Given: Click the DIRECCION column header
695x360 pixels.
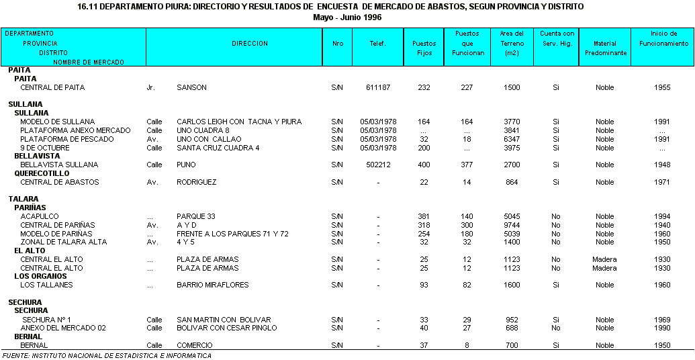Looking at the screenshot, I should tap(250, 44).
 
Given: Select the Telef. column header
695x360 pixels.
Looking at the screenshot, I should tap(377, 44).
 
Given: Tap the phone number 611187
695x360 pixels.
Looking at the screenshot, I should tap(378, 87).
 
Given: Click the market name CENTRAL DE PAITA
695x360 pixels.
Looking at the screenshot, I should tap(52, 87).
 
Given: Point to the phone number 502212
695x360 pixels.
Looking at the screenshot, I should tap(378, 165).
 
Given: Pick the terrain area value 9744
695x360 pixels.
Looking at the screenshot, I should tap(512, 225).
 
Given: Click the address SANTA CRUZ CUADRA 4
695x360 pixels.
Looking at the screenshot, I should tap(218, 148).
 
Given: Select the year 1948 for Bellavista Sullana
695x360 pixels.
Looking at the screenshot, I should tap(661, 165).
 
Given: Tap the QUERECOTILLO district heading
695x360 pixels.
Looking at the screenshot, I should tap(42, 173).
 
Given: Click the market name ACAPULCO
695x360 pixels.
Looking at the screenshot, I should tap(38, 216).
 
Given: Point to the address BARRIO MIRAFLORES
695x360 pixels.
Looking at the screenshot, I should tap(212, 285).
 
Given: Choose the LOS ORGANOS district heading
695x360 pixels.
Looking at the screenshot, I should tap(40, 276).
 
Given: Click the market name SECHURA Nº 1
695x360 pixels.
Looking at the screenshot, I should tap(46, 320).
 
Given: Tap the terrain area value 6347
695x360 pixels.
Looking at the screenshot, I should tap(512, 139).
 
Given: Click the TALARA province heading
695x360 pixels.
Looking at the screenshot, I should tap(24, 199).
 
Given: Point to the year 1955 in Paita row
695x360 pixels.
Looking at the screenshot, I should tap(661, 87).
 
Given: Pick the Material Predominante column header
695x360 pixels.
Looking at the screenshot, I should tap(604, 48).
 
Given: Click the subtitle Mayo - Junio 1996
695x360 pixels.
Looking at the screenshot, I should tap(347, 17).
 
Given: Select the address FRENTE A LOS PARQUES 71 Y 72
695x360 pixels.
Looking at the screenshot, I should tap(232, 234).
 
